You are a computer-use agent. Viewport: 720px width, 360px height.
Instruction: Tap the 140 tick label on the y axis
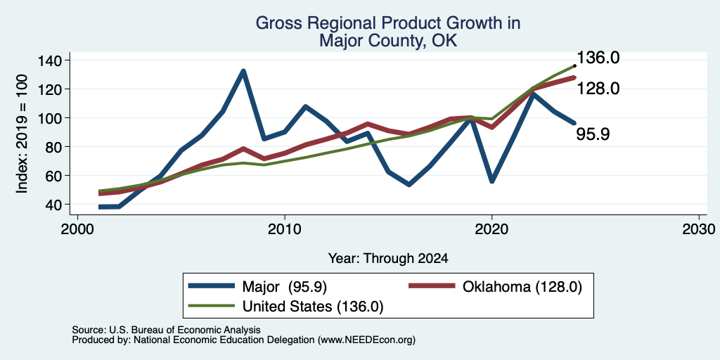(x=50, y=60)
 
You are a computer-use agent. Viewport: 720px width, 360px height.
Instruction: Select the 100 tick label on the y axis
(x=50, y=118)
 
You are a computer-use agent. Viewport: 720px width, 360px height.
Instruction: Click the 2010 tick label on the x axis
(x=285, y=229)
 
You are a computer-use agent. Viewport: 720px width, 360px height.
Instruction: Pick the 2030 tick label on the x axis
(x=699, y=229)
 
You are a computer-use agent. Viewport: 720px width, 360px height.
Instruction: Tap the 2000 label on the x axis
(x=77, y=229)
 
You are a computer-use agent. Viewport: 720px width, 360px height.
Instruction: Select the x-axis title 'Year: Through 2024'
(x=388, y=259)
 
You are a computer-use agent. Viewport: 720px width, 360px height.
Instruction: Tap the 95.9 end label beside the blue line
(x=593, y=134)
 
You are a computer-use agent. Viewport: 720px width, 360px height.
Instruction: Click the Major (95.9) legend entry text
(x=284, y=287)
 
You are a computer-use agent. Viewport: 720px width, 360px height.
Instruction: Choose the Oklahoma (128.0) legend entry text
(x=522, y=287)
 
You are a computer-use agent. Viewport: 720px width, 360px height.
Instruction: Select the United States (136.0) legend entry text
(x=313, y=307)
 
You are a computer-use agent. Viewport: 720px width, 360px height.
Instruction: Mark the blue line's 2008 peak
(x=243, y=71)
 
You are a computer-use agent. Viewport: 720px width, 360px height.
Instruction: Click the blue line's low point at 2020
(x=491, y=181)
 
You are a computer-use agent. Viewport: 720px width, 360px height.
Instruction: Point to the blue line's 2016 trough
(x=409, y=185)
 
